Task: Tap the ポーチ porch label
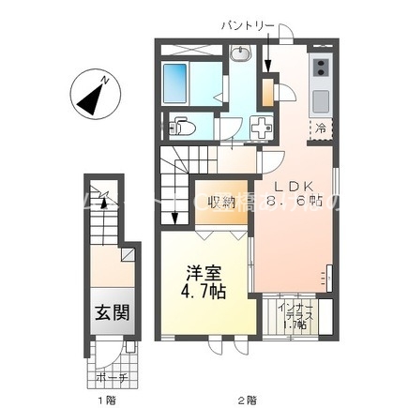pos(111,379)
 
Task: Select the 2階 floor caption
pos(247,400)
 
